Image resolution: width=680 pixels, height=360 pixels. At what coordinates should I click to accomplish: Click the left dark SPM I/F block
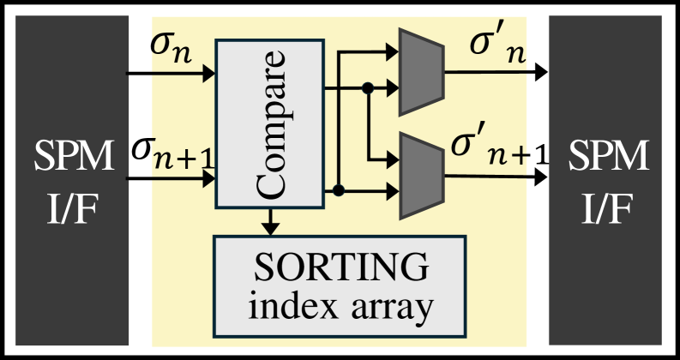click(x=72, y=180)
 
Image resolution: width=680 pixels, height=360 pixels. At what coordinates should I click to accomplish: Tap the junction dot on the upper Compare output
click(x=367, y=87)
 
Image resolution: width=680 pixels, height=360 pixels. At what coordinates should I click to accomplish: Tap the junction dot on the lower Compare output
click(x=340, y=189)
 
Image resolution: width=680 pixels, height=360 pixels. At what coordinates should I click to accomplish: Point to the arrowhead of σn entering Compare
click(x=208, y=74)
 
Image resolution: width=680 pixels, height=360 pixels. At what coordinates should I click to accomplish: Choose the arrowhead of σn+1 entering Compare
click(x=208, y=179)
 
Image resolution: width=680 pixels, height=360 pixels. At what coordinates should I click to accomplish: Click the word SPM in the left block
click(x=72, y=158)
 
